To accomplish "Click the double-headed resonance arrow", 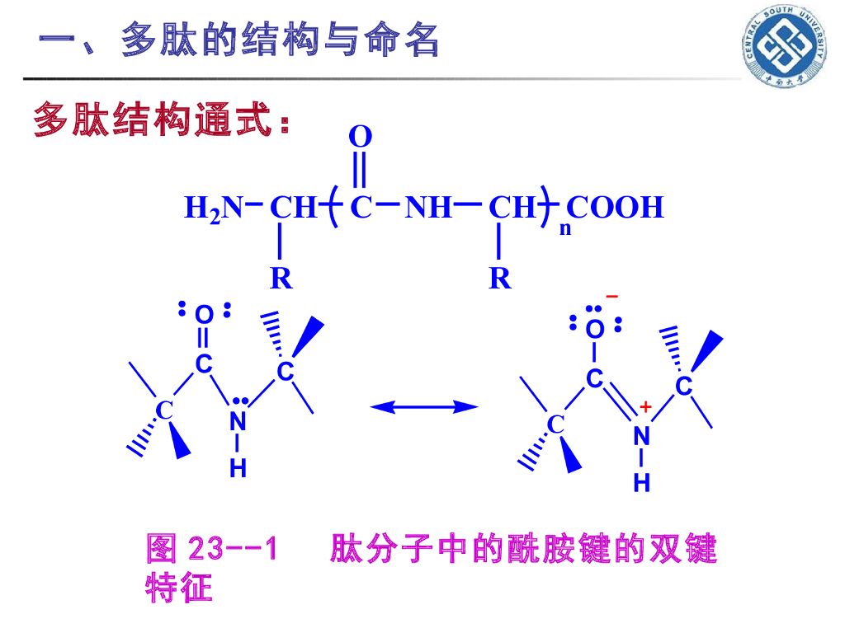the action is (x=424, y=406).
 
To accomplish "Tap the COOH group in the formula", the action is (x=616, y=207).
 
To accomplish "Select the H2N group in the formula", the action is (x=214, y=208).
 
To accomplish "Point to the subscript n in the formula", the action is (x=565, y=229).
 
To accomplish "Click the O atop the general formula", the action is (x=361, y=137).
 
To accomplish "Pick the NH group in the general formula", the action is (x=428, y=207).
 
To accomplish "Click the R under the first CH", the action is (x=281, y=279).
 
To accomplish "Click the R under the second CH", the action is (x=500, y=279).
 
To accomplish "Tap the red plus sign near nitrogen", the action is (x=645, y=406).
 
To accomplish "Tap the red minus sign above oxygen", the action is (x=611, y=296).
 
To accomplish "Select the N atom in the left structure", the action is (x=238, y=421).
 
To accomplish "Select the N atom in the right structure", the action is (x=642, y=437).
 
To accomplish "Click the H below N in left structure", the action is (x=238, y=468).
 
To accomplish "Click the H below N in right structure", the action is (x=642, y=483).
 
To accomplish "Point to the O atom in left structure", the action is (x=204, y=315).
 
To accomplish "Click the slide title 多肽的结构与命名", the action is (x=239, y=40).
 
